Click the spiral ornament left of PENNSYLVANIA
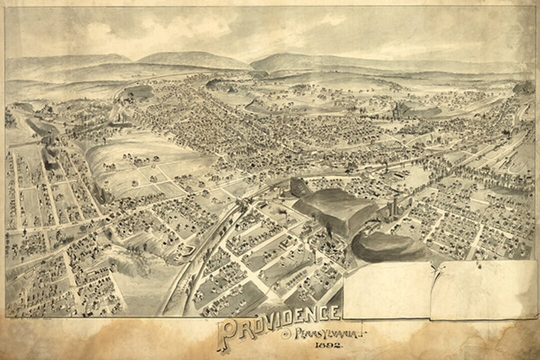tap(286, 335)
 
